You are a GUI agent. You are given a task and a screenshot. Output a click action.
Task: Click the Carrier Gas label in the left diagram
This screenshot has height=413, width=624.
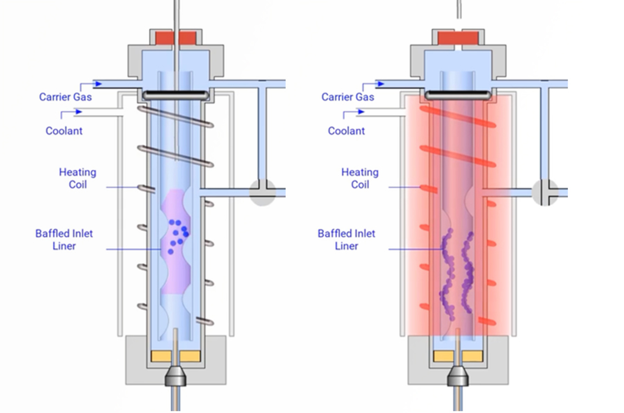click(66, 97)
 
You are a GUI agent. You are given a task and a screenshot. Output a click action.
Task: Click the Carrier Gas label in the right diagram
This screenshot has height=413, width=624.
click(347, 97)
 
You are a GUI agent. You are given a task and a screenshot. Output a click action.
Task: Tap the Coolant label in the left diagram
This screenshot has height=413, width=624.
click(64, 131)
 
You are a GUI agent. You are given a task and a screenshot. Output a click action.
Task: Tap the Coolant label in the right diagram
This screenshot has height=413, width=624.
click(346, 131)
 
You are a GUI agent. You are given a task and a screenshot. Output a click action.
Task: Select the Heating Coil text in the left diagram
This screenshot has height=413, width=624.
click(78, 178)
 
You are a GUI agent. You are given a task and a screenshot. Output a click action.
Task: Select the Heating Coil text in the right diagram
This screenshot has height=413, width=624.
click(360, 178)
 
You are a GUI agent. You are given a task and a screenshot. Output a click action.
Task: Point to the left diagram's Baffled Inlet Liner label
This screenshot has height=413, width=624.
click(64, 240)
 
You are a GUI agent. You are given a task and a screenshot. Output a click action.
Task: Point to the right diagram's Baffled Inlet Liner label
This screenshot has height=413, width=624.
click(346, 240)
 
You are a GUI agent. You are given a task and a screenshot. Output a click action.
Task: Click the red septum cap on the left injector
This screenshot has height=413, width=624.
click(175, 38)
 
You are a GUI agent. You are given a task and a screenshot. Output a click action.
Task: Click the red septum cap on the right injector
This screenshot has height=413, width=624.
click(458, 38)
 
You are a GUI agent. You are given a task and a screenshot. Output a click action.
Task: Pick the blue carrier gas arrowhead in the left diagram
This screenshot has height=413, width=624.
click(99, 84)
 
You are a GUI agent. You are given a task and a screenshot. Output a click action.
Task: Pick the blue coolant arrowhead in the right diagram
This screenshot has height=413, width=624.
click(361, 112)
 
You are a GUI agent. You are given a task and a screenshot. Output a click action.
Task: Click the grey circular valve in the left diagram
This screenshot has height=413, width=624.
click(262, 192)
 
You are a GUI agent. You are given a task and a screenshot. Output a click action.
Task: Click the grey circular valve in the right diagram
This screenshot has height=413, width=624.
click(545, 192)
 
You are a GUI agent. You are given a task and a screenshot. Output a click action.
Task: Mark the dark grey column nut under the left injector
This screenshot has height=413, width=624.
click(175, 376)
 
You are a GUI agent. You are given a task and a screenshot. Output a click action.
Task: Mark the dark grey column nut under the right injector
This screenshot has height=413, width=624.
click(458, 376)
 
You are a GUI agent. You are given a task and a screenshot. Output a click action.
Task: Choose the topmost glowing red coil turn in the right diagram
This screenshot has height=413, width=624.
click(458, 116)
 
